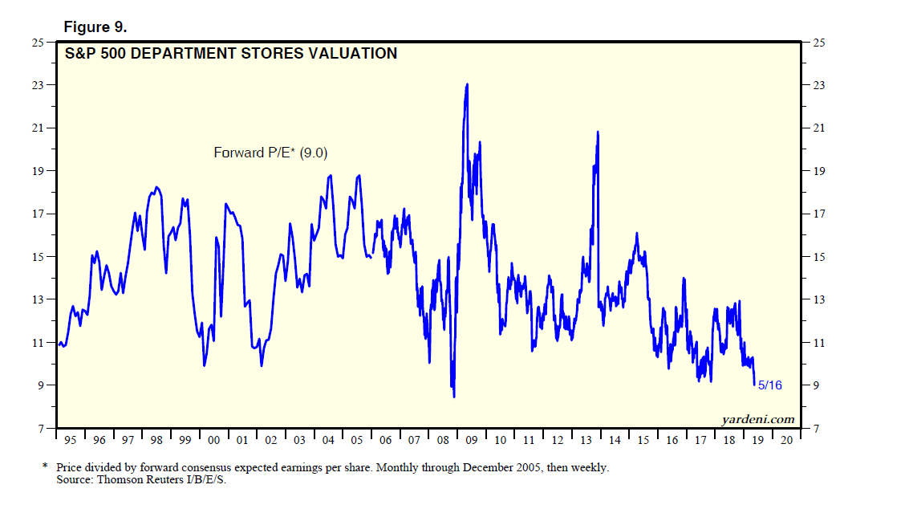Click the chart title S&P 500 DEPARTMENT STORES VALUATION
(x=230, y=54)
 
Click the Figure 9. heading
(x=95, y=27)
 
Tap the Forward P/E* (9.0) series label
(x=270, y=152)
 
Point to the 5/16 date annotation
(x=769, y=385)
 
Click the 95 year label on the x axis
(x=71, y=440)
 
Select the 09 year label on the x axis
(x=471, y=440)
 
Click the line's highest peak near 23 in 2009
(x=467, y=84)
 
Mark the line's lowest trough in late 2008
(x=454, y=396)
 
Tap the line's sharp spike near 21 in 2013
(x=598, y=132)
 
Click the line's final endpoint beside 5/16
(x=754, y=385)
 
